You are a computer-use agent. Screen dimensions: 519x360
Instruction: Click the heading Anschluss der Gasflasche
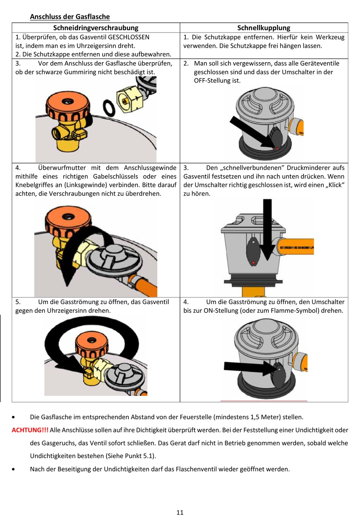(70, 17)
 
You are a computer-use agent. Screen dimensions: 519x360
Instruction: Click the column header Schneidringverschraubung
(95, 28)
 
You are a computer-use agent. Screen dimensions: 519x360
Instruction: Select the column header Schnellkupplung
(264, 28)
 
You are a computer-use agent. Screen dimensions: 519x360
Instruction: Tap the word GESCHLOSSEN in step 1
(128, 37)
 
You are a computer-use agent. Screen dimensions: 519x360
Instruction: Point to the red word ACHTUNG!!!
(30, 430)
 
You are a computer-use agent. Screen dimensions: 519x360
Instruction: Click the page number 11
(180, 512)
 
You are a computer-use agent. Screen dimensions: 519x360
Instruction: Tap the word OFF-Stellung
(217, 80)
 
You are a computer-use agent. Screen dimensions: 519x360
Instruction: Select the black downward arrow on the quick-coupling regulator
(268, 227)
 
